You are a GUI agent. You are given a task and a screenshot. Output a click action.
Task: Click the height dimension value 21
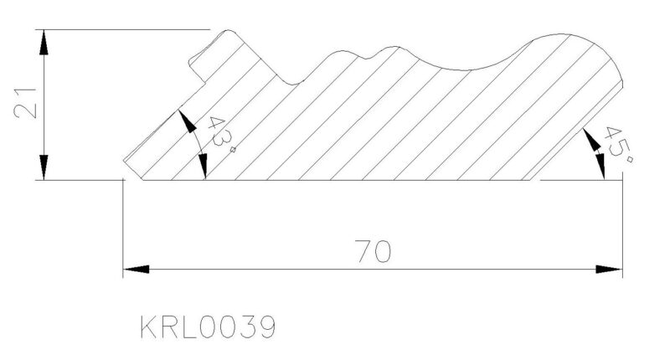click(x=25, y=103)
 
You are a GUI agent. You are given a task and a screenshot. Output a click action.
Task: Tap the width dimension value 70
click(x=373, y=251)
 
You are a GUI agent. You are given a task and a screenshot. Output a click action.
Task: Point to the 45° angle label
click(x=618, y=145)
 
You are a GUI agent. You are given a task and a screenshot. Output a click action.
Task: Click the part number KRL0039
click(x=208, y=327)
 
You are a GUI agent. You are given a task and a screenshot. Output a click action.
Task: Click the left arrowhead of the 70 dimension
click(x=136, y=270)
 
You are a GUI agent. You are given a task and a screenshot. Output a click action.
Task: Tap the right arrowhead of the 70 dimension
click(x=610, y=270)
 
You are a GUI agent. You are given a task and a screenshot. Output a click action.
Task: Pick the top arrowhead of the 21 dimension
click(x=44, y=42)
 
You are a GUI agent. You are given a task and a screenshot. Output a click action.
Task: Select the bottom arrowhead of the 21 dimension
click(x=44, y=167)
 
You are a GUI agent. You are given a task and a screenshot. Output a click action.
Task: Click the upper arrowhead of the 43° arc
click(x=187, y=121)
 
